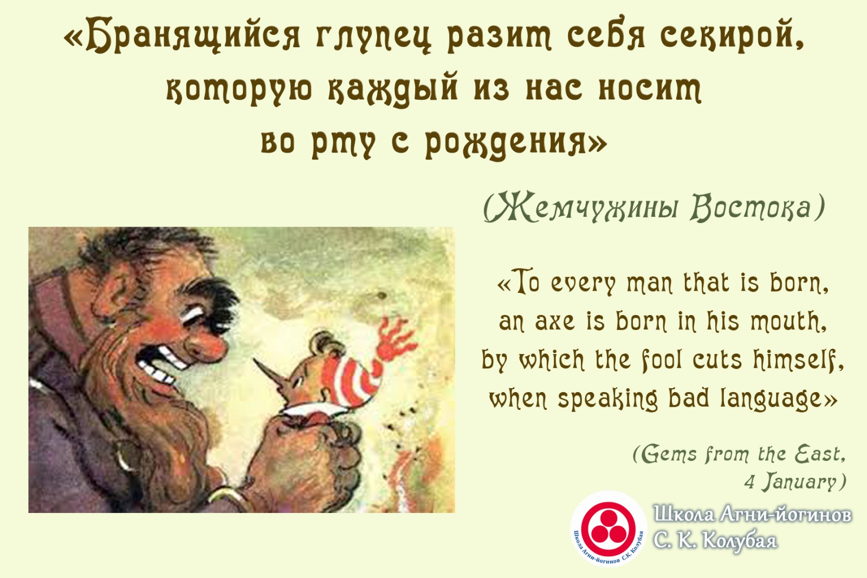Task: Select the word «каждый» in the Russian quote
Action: (393, 89)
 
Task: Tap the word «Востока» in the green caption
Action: (751, 208)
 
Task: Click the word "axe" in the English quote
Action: (555, 322)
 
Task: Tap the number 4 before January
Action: (749, 482)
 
